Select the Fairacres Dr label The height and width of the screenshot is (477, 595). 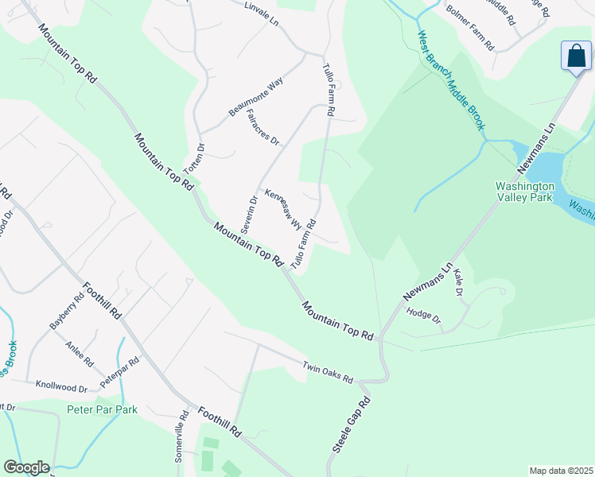(x=263, y=129)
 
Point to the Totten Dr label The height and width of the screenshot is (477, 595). (x=194, y=159)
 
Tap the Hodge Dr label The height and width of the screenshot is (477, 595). (x=423, y=316)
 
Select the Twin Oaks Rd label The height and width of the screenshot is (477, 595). (x=327, y=371)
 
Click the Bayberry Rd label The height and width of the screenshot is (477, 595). (x=66, y=312)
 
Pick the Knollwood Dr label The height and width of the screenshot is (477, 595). (x=61, y=387)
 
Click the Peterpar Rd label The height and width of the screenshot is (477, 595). (x=119, y=372)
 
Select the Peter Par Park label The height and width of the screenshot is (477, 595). (x=102, y=410)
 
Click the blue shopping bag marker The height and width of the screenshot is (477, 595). (x=576, y=56)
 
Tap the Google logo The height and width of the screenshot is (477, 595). (x=26, y=467)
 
